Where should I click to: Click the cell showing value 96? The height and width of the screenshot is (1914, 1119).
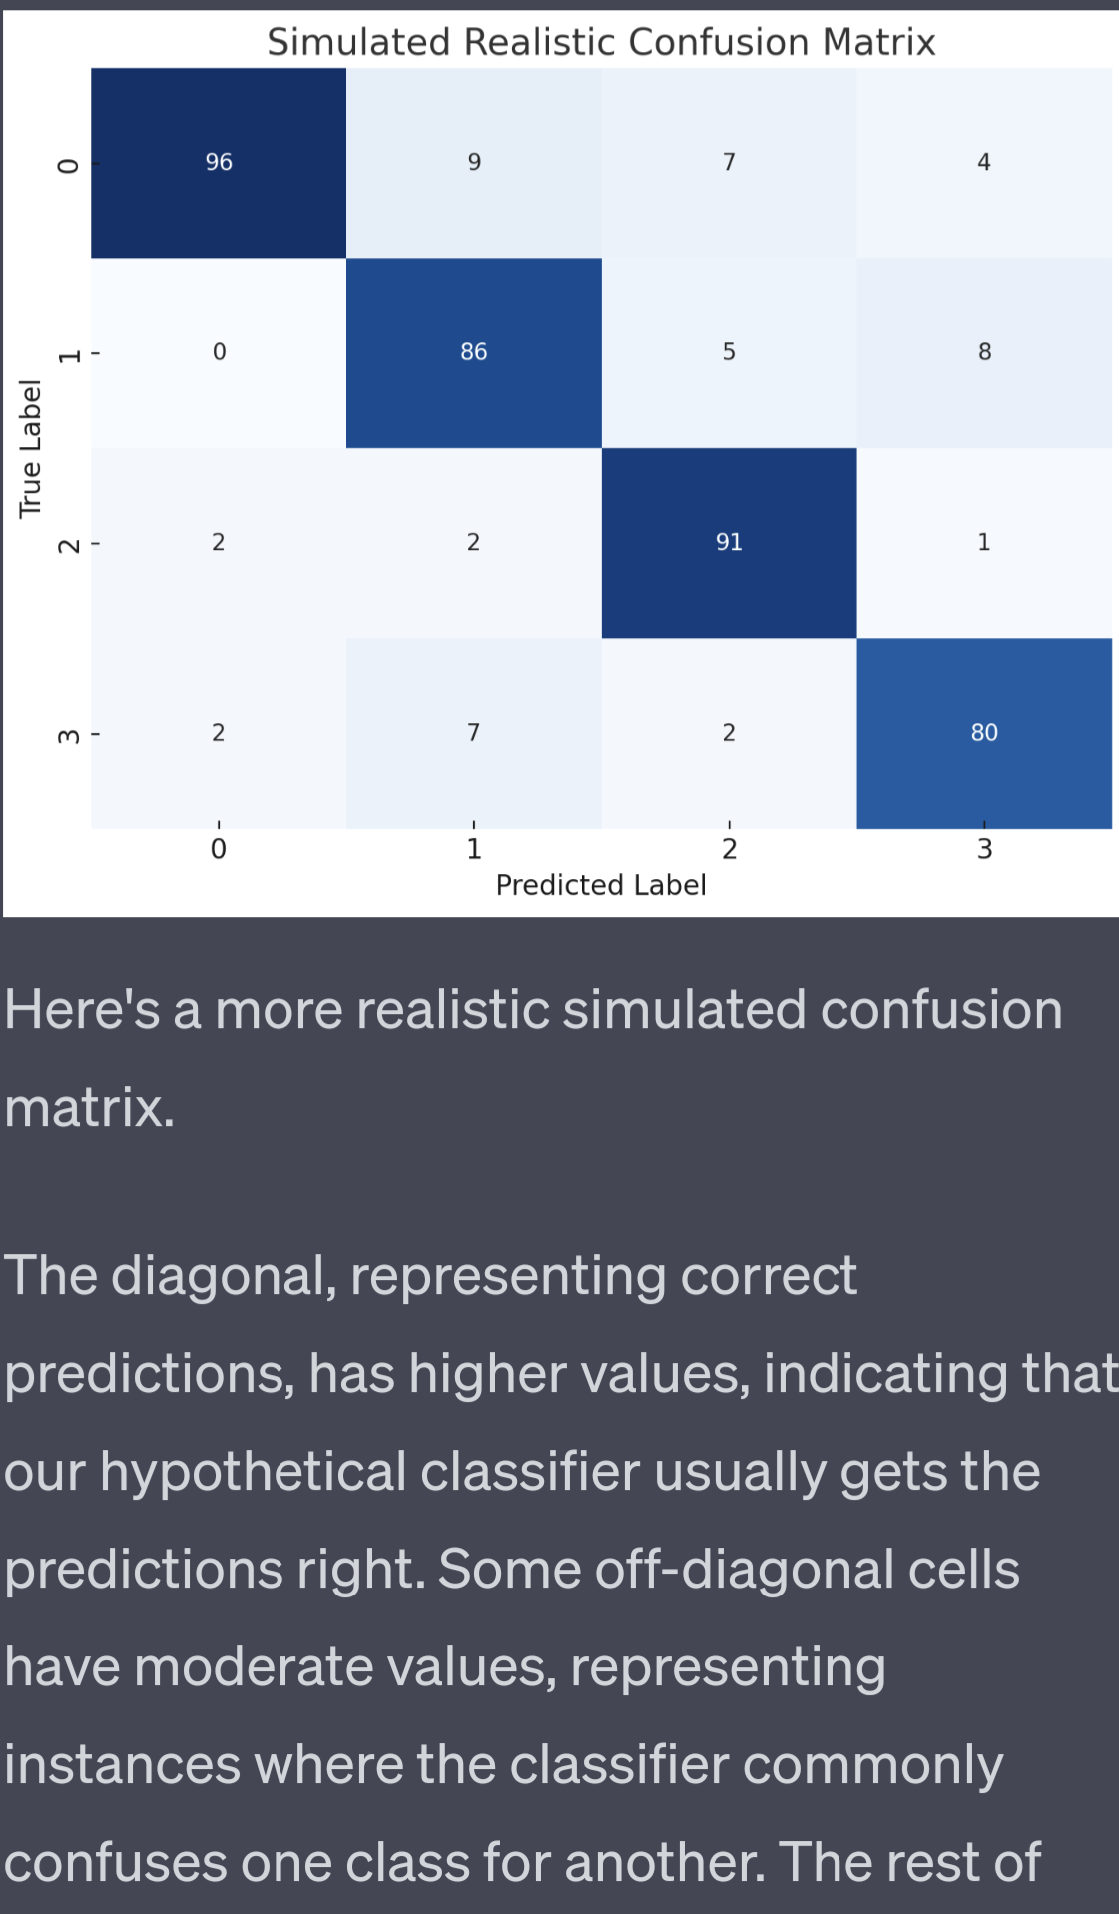[219, 162]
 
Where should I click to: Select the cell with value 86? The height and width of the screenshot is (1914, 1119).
[473, 351]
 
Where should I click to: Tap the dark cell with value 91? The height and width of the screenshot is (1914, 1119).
[729, 542]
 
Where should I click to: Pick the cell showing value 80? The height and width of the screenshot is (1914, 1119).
[984, 732]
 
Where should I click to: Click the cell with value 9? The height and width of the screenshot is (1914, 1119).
[474, 162]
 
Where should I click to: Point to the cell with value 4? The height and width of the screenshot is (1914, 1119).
[984, 162]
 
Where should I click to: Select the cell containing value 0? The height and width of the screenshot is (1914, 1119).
[219, 351]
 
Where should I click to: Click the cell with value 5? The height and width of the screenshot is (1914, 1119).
[729, 351]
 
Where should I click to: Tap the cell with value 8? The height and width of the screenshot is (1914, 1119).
[984, 351]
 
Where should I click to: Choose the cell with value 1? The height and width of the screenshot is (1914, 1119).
[984, 542]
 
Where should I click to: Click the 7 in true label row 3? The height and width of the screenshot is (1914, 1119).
[474, 732]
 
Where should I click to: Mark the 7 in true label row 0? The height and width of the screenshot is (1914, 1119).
[729, 162]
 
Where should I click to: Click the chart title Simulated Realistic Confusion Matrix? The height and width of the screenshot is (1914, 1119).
[601, 42]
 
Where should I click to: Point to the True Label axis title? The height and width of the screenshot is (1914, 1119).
[31, 448]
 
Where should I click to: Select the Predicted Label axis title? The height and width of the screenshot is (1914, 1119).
[601, 885]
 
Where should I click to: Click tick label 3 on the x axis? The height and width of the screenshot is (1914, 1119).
[984, 849]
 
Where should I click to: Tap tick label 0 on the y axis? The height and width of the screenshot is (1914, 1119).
[68, 165]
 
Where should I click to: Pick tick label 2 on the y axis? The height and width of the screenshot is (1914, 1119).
[68, 545]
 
